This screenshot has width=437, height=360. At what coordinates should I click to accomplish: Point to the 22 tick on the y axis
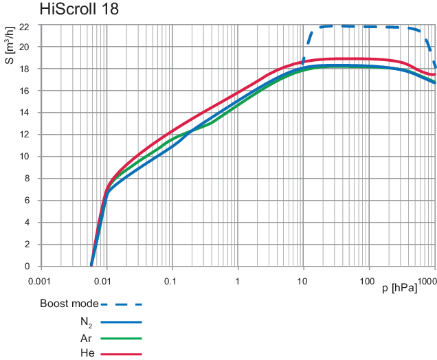24,25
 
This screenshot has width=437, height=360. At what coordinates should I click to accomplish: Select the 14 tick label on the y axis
24,113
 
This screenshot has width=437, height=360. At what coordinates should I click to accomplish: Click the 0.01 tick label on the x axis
103,281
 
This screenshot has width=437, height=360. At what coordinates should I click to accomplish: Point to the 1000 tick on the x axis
425,281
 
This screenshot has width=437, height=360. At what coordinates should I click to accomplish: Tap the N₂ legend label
86,322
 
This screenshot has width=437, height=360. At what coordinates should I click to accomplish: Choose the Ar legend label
86,338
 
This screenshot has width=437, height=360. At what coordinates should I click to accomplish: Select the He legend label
86,354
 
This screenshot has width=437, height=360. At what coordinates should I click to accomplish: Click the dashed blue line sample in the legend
121,303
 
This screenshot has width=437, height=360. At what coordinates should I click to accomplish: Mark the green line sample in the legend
121,338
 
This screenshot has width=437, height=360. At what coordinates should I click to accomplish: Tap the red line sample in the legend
121,354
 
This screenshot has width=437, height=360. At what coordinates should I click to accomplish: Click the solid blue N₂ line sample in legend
121,322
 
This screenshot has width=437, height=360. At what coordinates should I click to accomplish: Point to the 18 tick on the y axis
24,69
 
